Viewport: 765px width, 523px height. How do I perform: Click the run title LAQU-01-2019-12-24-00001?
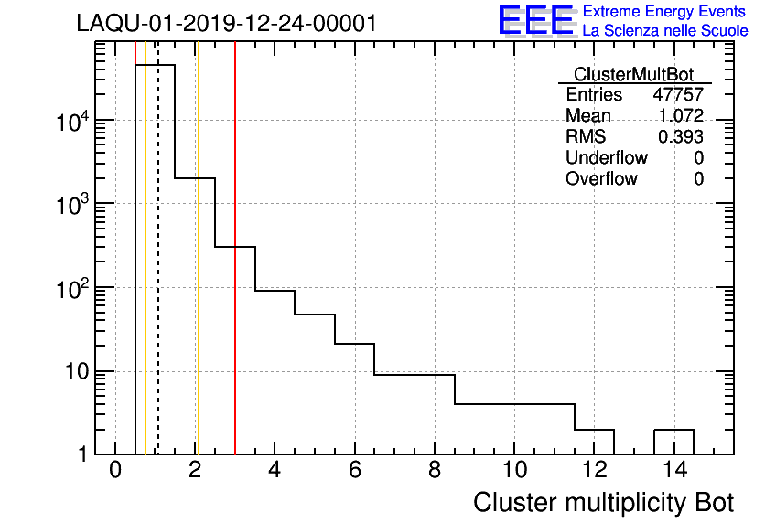226,24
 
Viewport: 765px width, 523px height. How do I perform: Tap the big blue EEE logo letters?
536,21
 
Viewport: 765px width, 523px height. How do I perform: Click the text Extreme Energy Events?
665,12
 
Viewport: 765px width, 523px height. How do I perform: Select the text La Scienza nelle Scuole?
665,31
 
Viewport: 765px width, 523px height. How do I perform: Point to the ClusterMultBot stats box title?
633,74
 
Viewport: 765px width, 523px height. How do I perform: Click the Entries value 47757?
677,95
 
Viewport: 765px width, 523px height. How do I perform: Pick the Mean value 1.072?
681,115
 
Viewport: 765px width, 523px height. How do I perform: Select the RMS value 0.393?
681,136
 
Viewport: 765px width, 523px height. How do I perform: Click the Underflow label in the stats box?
607,157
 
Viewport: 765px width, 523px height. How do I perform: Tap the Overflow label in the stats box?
601,178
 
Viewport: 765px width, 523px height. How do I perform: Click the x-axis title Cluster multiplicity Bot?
603,503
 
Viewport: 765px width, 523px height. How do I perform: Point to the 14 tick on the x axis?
674,471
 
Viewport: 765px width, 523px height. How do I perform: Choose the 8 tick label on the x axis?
435,471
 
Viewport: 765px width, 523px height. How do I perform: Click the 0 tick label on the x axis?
115,471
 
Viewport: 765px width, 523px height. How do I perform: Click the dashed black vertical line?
158,274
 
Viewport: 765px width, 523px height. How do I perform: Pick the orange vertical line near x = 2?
197,274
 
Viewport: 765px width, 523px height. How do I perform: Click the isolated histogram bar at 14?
673,441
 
